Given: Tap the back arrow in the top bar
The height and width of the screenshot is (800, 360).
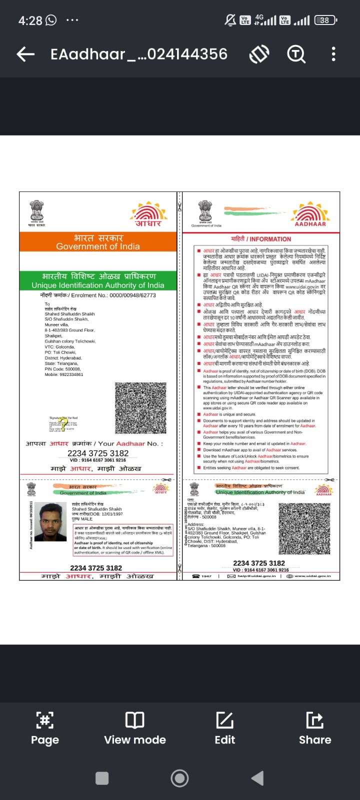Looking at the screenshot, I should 25,54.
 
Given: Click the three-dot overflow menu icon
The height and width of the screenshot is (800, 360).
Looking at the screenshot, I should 333,54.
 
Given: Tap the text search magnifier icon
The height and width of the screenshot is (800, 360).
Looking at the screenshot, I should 296,54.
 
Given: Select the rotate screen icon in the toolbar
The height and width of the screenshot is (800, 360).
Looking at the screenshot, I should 259,54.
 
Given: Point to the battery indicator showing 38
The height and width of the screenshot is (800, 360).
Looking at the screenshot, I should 325,20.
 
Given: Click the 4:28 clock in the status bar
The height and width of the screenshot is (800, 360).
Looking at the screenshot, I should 30,20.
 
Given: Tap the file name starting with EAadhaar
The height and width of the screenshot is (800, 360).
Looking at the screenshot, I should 139,54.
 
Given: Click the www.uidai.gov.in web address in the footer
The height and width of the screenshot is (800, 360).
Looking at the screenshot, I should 312,576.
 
